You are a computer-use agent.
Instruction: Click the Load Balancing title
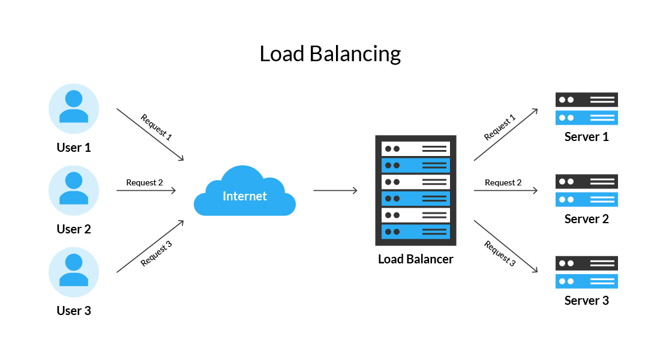point(330,54)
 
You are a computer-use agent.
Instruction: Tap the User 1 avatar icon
point(74,108)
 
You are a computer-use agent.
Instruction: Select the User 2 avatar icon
point(74,190)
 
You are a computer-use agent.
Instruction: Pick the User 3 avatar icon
point(74,272)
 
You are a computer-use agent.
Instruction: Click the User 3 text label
point(74,311)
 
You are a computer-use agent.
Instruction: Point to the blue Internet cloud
point(245,191)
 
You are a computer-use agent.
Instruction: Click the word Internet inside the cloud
point(245,196)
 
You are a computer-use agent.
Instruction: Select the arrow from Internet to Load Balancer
point(335,191)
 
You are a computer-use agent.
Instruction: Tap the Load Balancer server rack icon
point(416,190)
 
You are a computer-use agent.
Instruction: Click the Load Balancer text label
point(416,259)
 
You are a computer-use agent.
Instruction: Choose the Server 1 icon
point(586,109)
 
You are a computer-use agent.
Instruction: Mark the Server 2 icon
point(586,190)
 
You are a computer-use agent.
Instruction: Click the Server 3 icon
point(586,272)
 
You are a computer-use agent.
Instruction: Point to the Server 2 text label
point(586,219)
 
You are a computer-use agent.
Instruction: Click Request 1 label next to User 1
point(156,127)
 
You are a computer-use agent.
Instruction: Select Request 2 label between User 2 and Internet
point(145,182)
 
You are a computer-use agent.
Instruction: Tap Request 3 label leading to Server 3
point(500,253)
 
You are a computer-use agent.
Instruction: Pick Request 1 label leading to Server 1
point(500,128)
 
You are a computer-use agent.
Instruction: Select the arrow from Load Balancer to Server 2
point(505,191)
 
